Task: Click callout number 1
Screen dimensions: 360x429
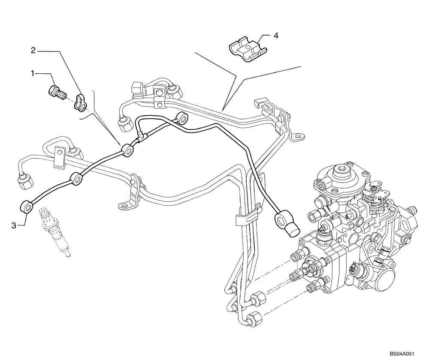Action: tap(32, 74)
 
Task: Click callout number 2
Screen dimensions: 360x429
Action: tap(33, 51)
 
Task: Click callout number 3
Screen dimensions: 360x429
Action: tap(14, 225)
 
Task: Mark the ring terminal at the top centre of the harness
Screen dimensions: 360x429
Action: tap(183, 117)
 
